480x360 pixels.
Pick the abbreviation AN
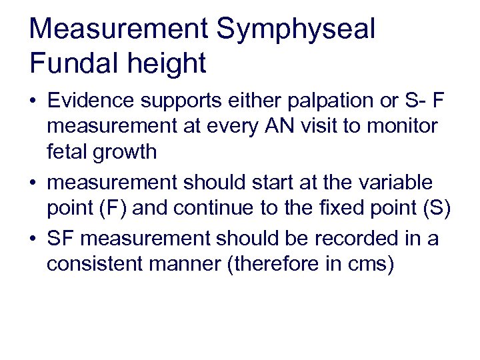click(x=305, y=126)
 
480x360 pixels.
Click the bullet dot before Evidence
click(x=34, y=102)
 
